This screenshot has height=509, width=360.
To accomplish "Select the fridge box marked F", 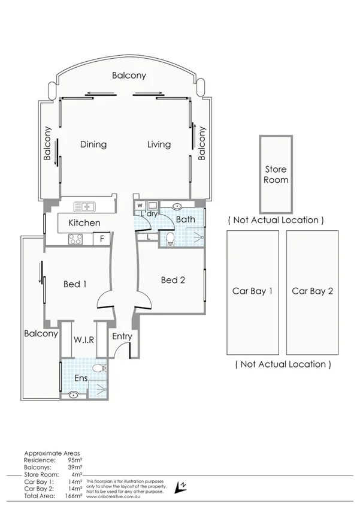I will coord(102,239).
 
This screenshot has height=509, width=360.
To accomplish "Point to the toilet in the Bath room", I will coord(170,239).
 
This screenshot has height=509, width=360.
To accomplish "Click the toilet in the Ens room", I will coord(100,367).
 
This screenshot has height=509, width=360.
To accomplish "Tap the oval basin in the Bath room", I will coord(178,206).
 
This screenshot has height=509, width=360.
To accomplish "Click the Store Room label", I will coord(276,174).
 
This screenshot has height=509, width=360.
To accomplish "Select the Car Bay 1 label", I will coord(252,292).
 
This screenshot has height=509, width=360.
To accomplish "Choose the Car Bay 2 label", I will coord(312,292).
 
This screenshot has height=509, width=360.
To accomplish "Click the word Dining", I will coord(93,144).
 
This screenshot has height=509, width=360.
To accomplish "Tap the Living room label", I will coord(159,144).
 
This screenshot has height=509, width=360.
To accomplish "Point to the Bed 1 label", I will coord(75,284).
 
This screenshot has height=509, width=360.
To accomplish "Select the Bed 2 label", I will coord(173,280).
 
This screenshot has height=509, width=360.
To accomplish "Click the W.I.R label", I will coord(84,340).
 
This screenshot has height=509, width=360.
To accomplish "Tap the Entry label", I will coord(122,336).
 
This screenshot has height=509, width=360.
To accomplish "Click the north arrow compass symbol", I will coord(178,487).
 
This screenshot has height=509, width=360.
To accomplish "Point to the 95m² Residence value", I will coord(74,460).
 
